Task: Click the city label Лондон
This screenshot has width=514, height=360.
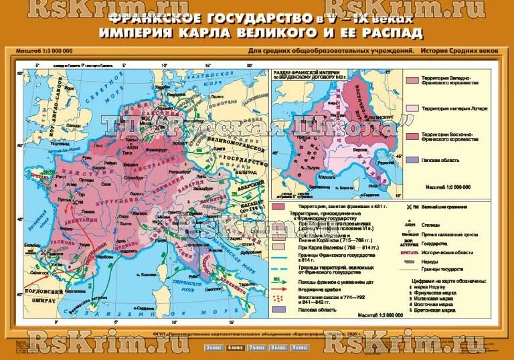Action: click(76, 125)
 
